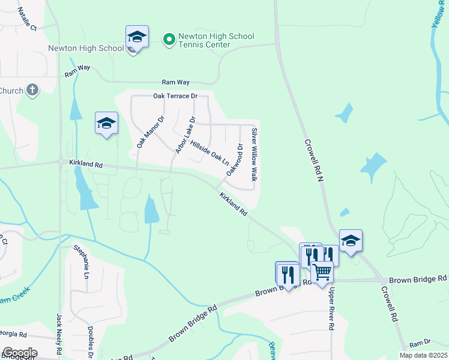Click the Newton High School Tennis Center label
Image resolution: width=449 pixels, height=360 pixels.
(216, 40)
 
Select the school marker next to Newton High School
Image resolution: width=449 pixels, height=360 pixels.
(137, 38)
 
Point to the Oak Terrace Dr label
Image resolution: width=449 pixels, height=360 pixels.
(175, 96)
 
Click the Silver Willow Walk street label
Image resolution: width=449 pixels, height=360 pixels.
(254, 155)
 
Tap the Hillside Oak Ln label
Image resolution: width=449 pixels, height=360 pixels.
(209, 154)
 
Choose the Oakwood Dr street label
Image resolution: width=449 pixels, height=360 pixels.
(234, 160)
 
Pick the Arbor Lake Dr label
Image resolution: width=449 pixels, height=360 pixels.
(185, 134)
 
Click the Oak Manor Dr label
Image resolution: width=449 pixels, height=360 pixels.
(149, 132)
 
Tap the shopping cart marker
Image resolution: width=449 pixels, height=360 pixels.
(322, 272)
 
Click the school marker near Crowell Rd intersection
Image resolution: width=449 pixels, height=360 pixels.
(351, 241)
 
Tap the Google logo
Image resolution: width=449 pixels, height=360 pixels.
(19, 353)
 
